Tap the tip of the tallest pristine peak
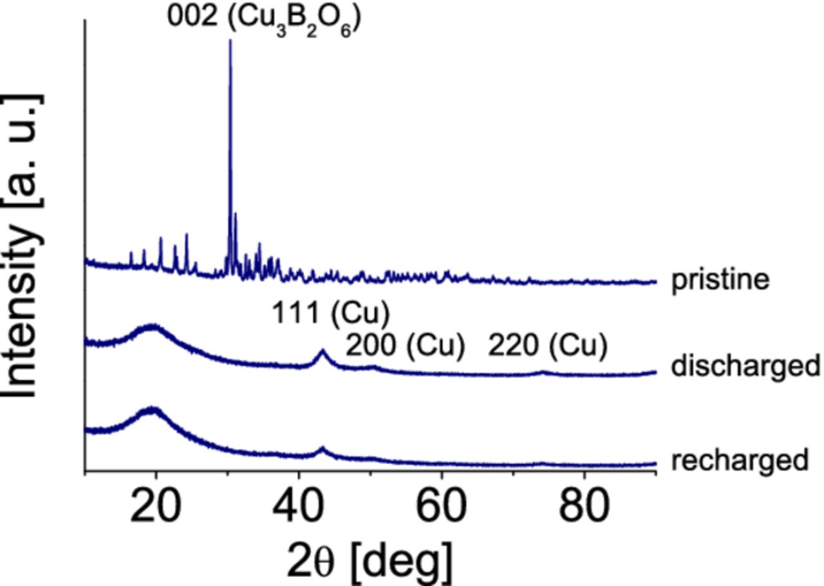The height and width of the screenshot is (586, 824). point(230,41)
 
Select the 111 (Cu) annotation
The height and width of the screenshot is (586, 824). point(330,314)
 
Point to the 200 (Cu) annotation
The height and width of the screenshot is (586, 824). point(405,347)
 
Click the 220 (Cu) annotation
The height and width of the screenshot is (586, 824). point(547,347)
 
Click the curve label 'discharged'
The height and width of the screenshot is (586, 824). point(745,366)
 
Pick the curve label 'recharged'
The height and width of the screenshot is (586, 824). point(739,460)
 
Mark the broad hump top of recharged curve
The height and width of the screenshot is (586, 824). point(153,409)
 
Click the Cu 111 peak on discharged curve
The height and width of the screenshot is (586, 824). point(323,351)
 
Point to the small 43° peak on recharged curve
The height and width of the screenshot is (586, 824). point(323,448)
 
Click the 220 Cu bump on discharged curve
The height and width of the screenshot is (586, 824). point(543,372)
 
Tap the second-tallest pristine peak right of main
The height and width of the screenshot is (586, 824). point(236,214)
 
